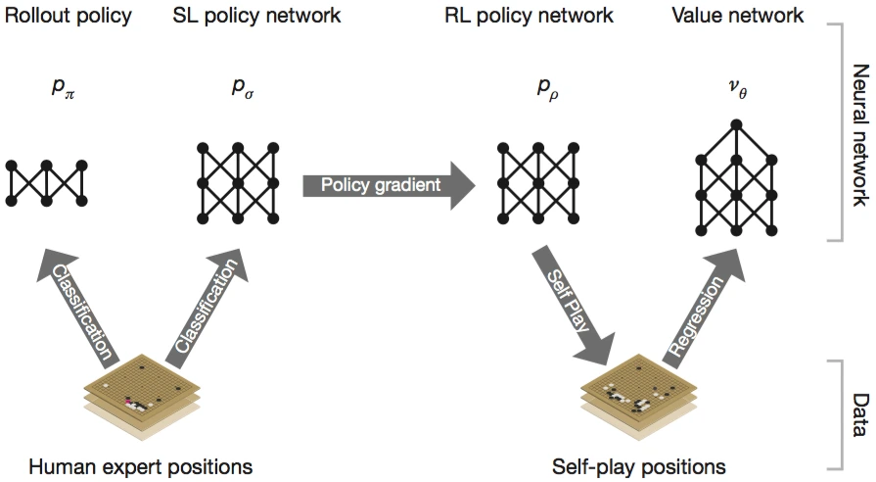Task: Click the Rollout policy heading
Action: [x=68, y=16]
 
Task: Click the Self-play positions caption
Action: [x=638, y=466]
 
